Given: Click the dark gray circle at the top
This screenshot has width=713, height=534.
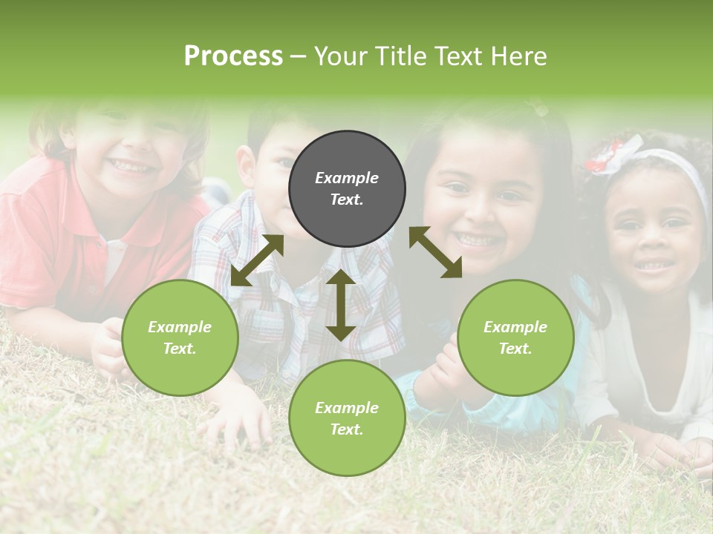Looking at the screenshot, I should (347, 188).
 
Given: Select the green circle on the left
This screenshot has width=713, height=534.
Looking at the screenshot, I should (180, 337).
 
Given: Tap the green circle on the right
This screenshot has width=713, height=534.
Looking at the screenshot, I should (515, 337).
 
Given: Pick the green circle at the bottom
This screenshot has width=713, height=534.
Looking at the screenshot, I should (347, 418).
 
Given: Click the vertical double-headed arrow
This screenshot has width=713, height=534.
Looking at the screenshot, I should (340, 305).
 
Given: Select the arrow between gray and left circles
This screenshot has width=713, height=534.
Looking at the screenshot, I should (257, 260).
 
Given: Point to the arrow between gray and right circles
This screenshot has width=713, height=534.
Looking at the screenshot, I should (435, 252).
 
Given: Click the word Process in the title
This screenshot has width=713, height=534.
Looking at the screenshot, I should (233, 56).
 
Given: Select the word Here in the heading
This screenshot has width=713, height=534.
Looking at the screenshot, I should (519, 56).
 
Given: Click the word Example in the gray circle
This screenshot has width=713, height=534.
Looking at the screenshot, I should (347, 178).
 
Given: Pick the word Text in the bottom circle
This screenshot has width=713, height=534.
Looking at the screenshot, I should (347, 429).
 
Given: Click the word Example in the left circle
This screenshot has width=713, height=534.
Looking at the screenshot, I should (180, 327).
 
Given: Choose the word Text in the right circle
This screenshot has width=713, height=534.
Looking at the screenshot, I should (515, 349).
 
